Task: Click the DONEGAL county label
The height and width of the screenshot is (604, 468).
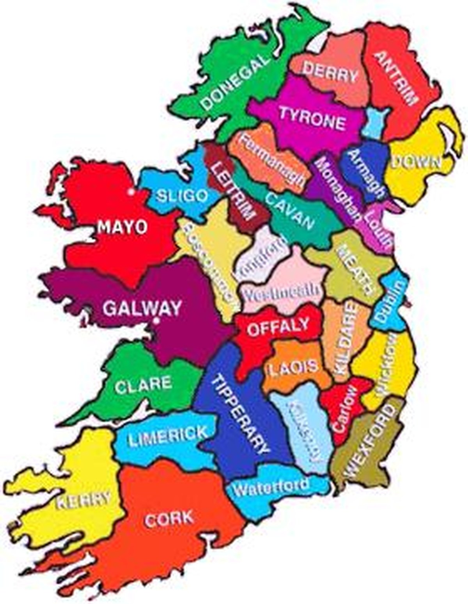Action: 236,82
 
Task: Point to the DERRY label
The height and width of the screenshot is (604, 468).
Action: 330,73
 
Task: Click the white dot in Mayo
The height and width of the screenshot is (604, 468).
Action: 131,192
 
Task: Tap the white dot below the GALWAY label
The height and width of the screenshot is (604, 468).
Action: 156,321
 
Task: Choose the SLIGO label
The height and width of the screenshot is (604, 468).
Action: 182,195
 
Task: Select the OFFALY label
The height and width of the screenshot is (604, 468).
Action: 278,327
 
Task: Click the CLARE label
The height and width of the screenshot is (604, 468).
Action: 144,384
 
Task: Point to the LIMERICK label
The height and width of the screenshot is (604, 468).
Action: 168,437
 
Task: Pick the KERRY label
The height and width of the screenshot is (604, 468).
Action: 83,500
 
